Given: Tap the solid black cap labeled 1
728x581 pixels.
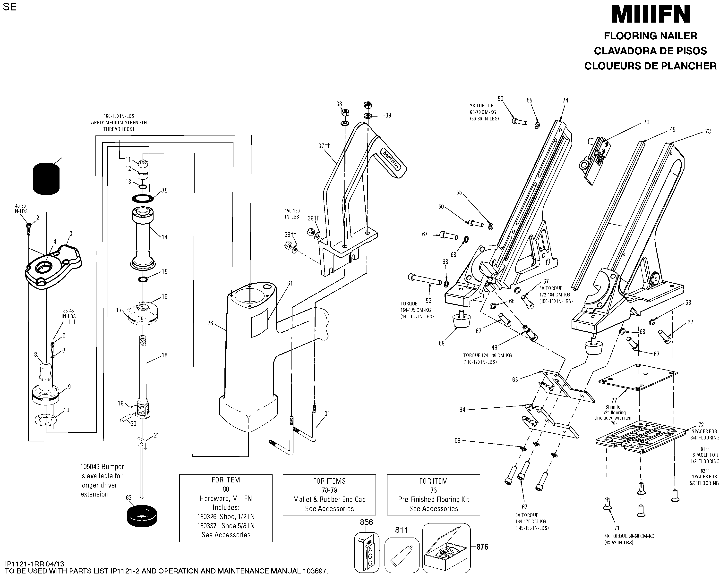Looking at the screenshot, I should pos(46,179).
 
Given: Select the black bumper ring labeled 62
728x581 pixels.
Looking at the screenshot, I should pos(142,515).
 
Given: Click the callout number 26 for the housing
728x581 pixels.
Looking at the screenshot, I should pos(210,323).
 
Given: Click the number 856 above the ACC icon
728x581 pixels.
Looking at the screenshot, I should pos(366,522).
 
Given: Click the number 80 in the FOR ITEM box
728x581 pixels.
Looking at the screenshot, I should pos(226,489).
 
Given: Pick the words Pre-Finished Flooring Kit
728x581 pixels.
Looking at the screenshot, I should pos(434,499).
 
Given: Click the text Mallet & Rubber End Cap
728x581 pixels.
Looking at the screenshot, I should pos(329,499).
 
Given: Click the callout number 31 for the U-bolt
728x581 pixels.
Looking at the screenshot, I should pos(327,413).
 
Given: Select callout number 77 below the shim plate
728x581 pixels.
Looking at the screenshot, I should pos(614,400).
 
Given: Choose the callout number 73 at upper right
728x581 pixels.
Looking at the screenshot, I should pos(708,131).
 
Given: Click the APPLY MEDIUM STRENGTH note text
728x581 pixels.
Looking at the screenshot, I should pos(119,123).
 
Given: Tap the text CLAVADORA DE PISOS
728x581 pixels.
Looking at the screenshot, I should pos(650,51).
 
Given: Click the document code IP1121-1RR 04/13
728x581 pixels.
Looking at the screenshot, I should pos(34,564).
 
